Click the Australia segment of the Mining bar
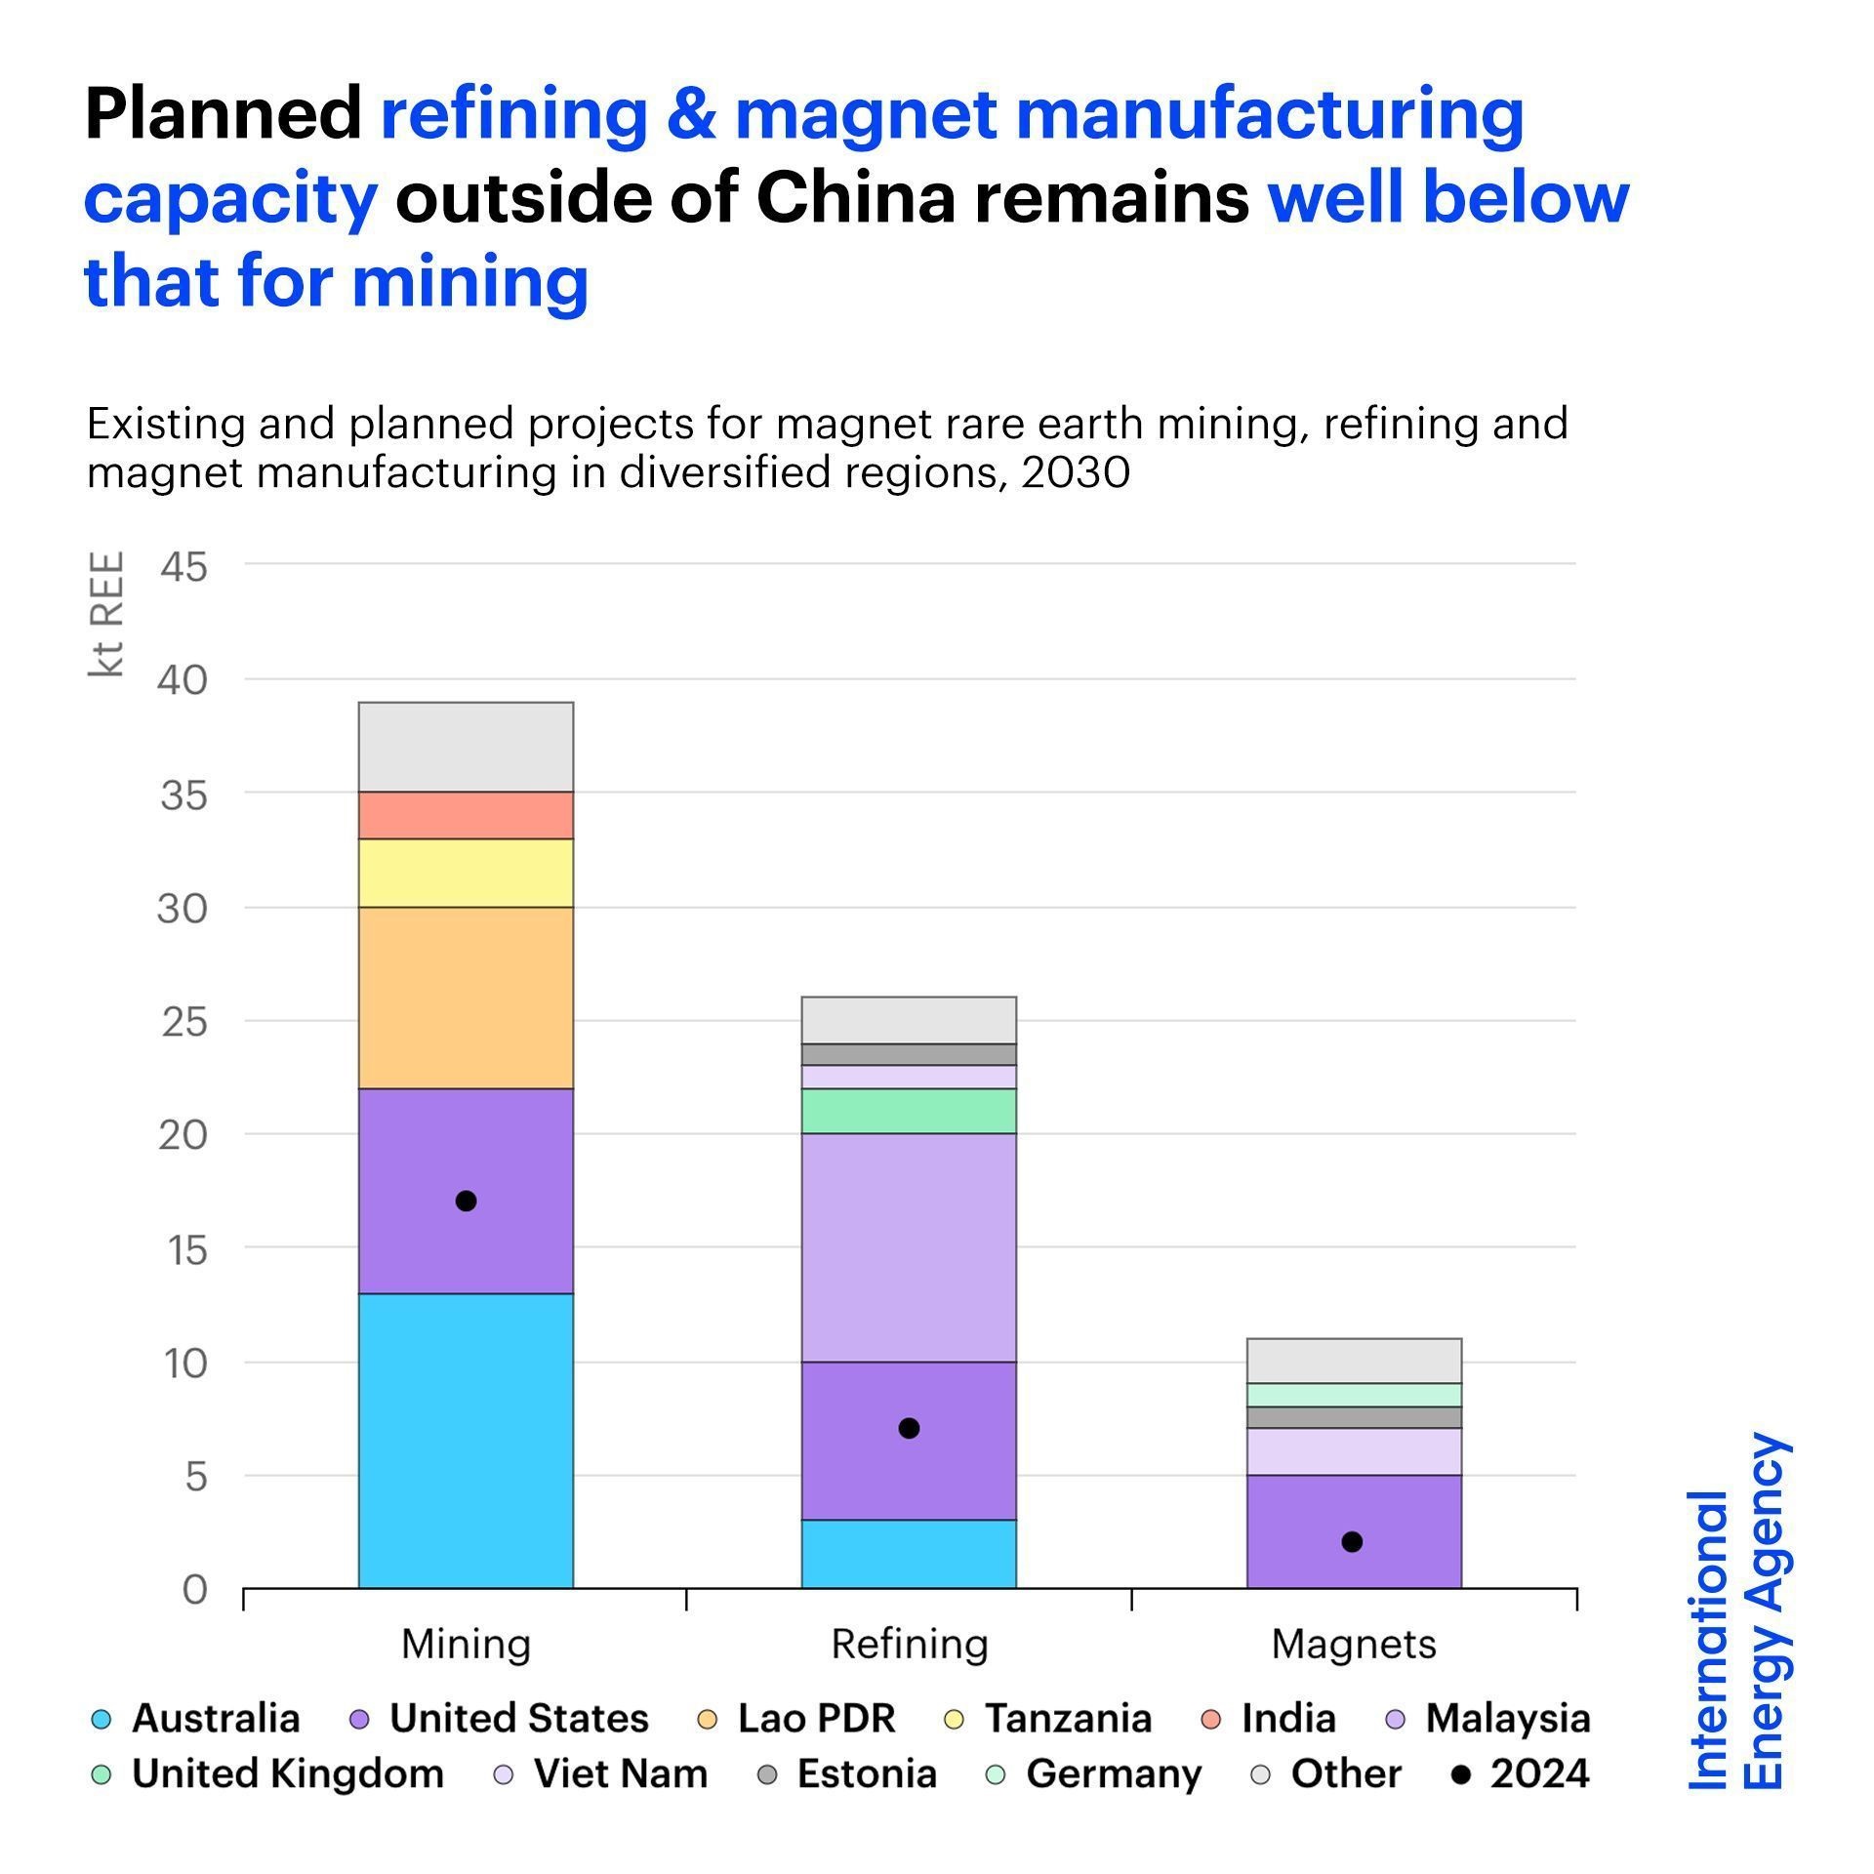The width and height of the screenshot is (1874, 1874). (x=466, y=1440)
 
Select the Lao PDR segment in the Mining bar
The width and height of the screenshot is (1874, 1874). (x=466, y=998)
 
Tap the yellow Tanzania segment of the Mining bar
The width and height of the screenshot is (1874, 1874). (x=466, y=873)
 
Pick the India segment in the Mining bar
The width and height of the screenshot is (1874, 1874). (x=466, y=815)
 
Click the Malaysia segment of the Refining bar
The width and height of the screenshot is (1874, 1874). (x=909, y=1247)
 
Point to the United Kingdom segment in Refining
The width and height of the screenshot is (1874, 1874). (x=909, y=1111)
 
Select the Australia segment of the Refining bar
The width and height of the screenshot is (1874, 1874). (x=909, y=1553)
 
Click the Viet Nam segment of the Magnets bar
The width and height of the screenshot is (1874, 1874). (x=1354, y=1451)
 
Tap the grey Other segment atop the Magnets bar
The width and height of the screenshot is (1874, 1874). (x=1354, y=1361)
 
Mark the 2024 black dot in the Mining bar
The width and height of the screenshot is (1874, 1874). (x=467, y=1202)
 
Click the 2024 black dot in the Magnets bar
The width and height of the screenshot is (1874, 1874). (x=1352, y=1542)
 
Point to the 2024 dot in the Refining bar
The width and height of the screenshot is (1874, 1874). (x=909, y=1429)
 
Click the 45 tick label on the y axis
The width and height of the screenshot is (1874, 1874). (x=183, y=566)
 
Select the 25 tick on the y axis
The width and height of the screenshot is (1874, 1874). (x=183, y=1022)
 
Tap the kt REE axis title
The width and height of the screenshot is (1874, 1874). (x=106, y=614)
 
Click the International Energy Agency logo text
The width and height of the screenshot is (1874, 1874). (x=1737, y=1611)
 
